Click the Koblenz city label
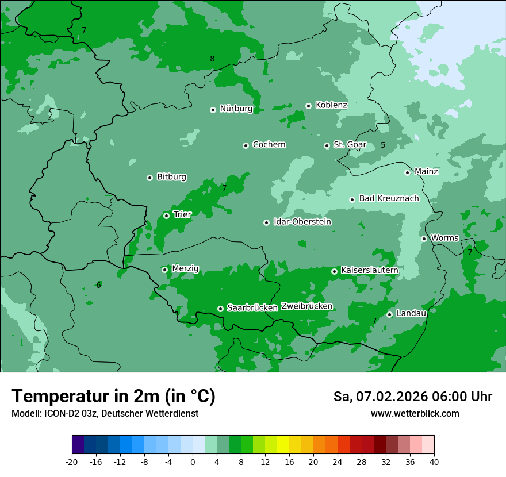pyautogui.click(x=331, y=105)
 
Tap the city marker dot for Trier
pyautogui.click(x=166, y=216)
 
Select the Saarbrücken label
pyautogui.click(x=252, y=308)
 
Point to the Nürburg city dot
pyautogui.click(x=213, y=110)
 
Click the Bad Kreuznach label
pyautogui.click(x=389, y=199)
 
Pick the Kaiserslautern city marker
pyautogui.click(x=334, y=271)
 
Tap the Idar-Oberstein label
pyautogui.click(x=302, y=222)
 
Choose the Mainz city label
pyautogui.click(x=426, y=172)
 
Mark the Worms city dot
pyautogui.click(x=424, y=238)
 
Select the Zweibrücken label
pyautogui.click(x=306, y=306)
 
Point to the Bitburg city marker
pyautogui.click(x=149, y=178)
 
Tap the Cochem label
pyautogui.click(x=269, y=145)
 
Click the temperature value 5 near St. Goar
pyautogui.click(x=383, y=145)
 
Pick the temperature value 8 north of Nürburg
pyautogui.click(x=212, y=59)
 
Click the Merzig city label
pyautogui.click(x=185, y=269)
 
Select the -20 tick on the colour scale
pyautogui.click(x=72, y=462)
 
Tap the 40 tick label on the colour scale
pyautogui.click(x=434, y=462)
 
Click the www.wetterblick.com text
pyautogui.click(x=415, y=414)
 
